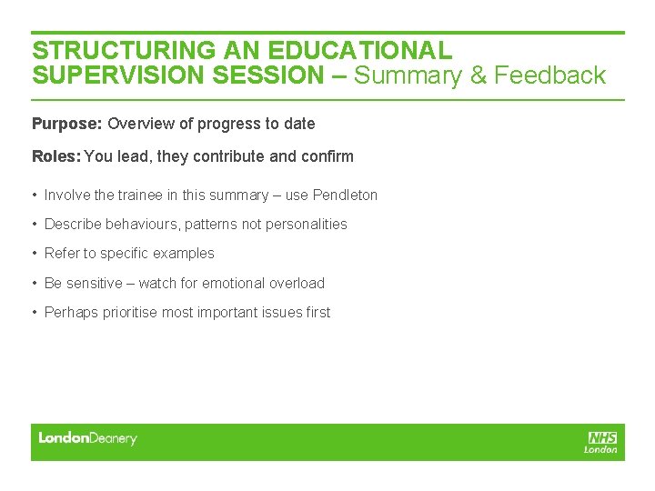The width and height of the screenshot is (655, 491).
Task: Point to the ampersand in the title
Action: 478,75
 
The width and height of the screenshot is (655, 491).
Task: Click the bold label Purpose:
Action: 67,124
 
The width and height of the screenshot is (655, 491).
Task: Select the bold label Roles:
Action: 55,156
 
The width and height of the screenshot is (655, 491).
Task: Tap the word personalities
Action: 305,224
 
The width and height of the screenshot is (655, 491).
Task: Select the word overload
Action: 297,283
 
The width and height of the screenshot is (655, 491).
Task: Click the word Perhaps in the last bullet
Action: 69,312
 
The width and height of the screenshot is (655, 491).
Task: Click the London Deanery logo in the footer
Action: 87,438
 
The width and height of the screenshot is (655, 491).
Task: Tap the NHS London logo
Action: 601,442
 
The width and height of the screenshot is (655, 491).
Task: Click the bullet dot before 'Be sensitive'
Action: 35,283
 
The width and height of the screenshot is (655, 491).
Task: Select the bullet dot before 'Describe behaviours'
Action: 35,224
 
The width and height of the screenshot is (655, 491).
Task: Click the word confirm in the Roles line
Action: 327,156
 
